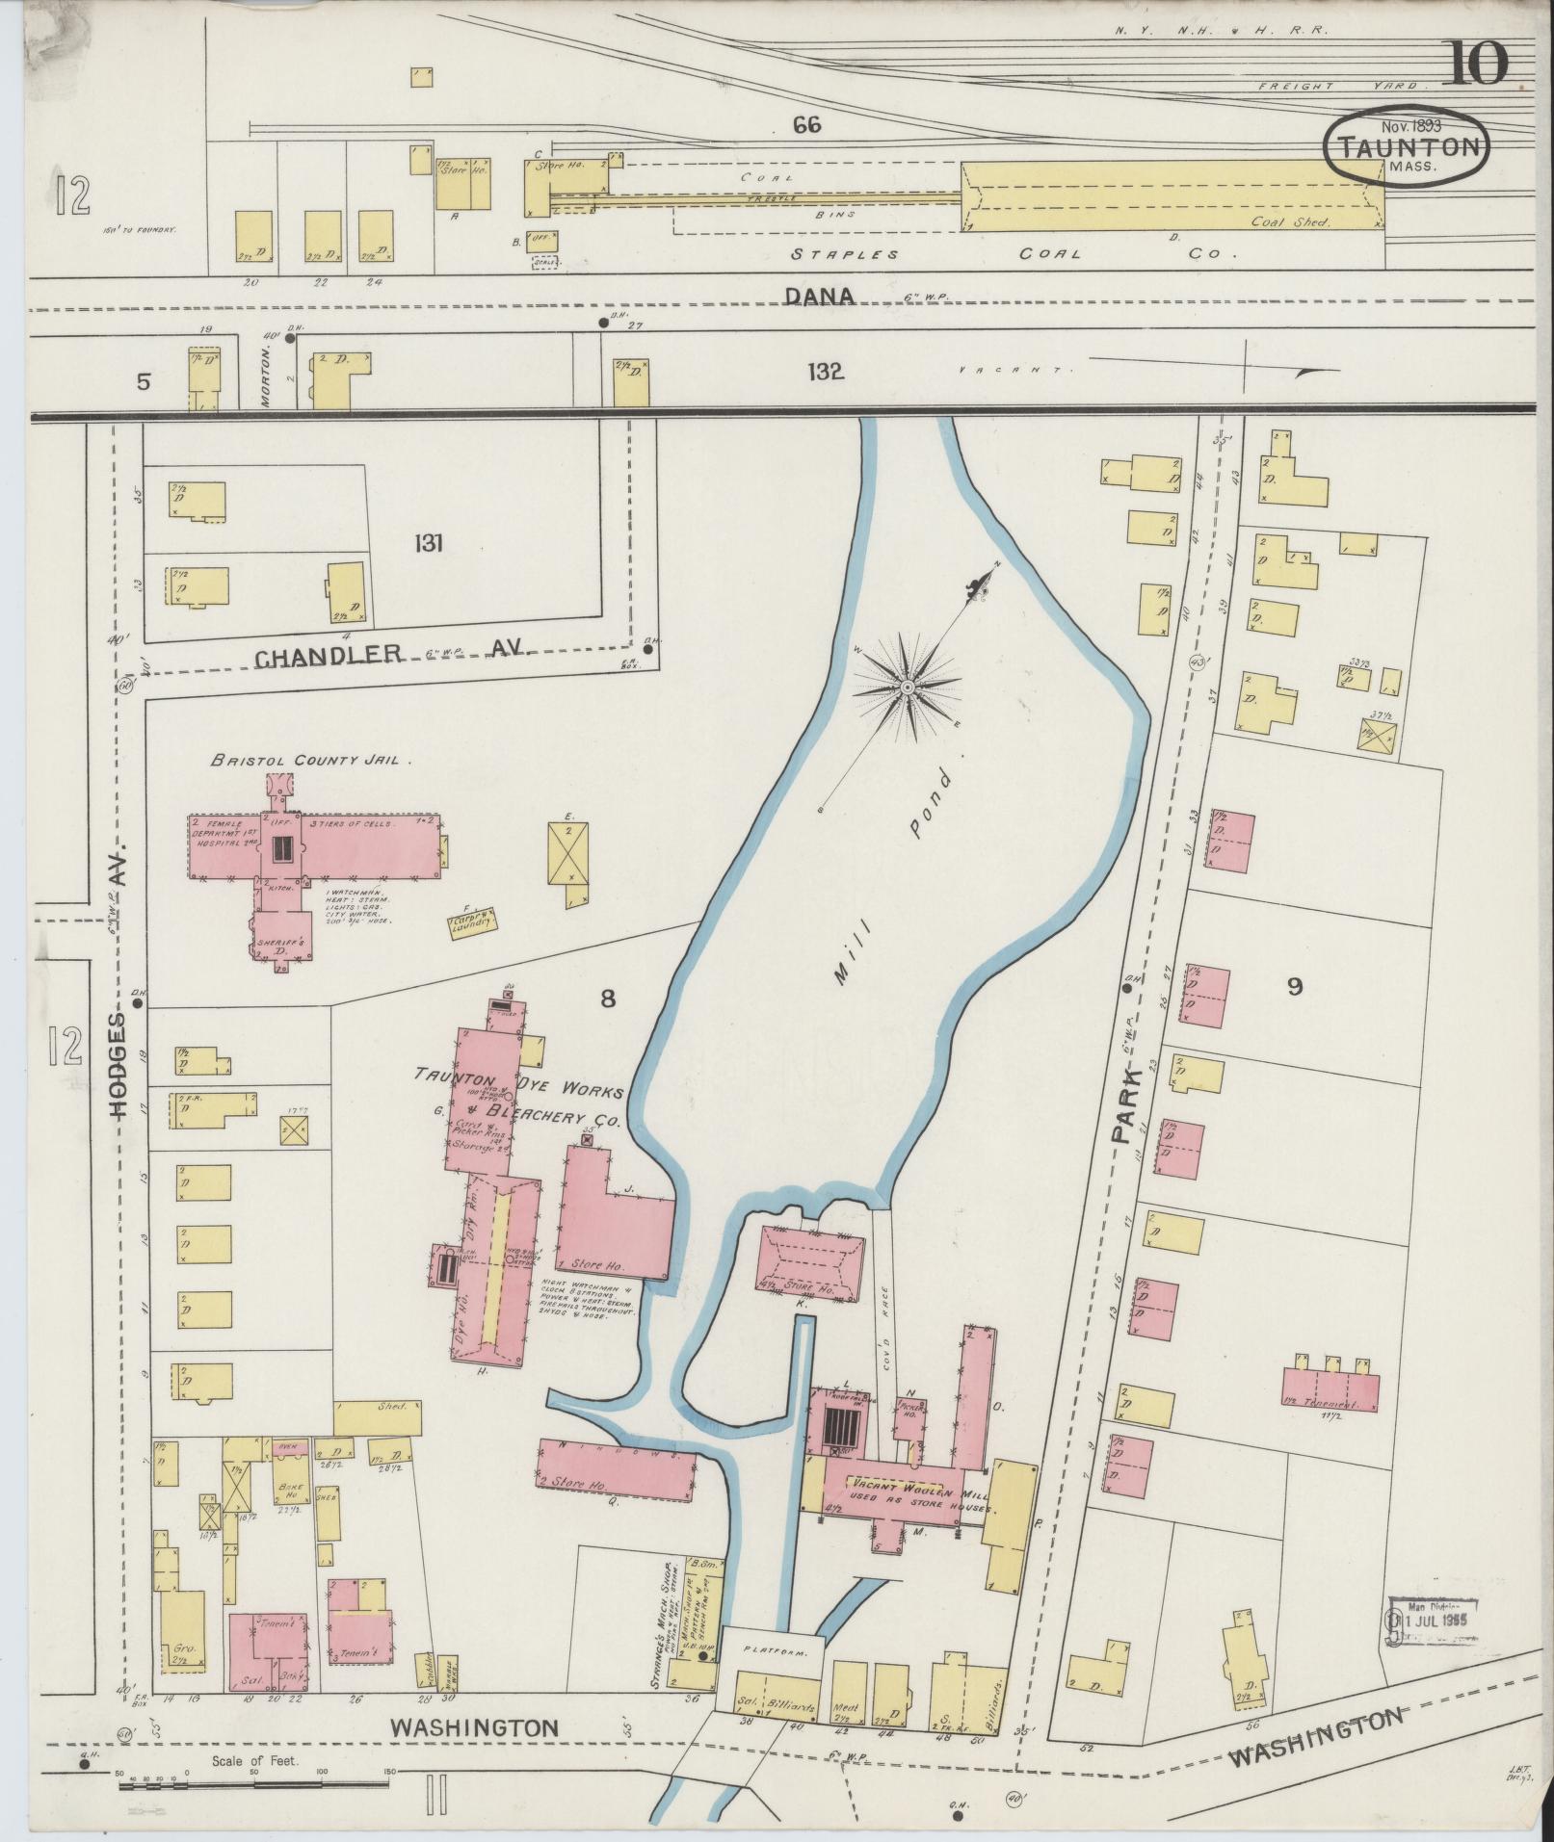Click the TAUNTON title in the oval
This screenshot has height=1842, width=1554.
(x=1407, y=147)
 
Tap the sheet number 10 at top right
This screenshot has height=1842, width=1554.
(x=1475, y=65)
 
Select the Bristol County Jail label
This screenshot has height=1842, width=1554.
(x=312, y=760)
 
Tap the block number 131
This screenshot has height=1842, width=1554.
(x=428, y=544)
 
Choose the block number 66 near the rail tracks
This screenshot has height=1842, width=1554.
(x=806, y=124)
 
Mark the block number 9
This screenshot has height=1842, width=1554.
(x=1294, y=986)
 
